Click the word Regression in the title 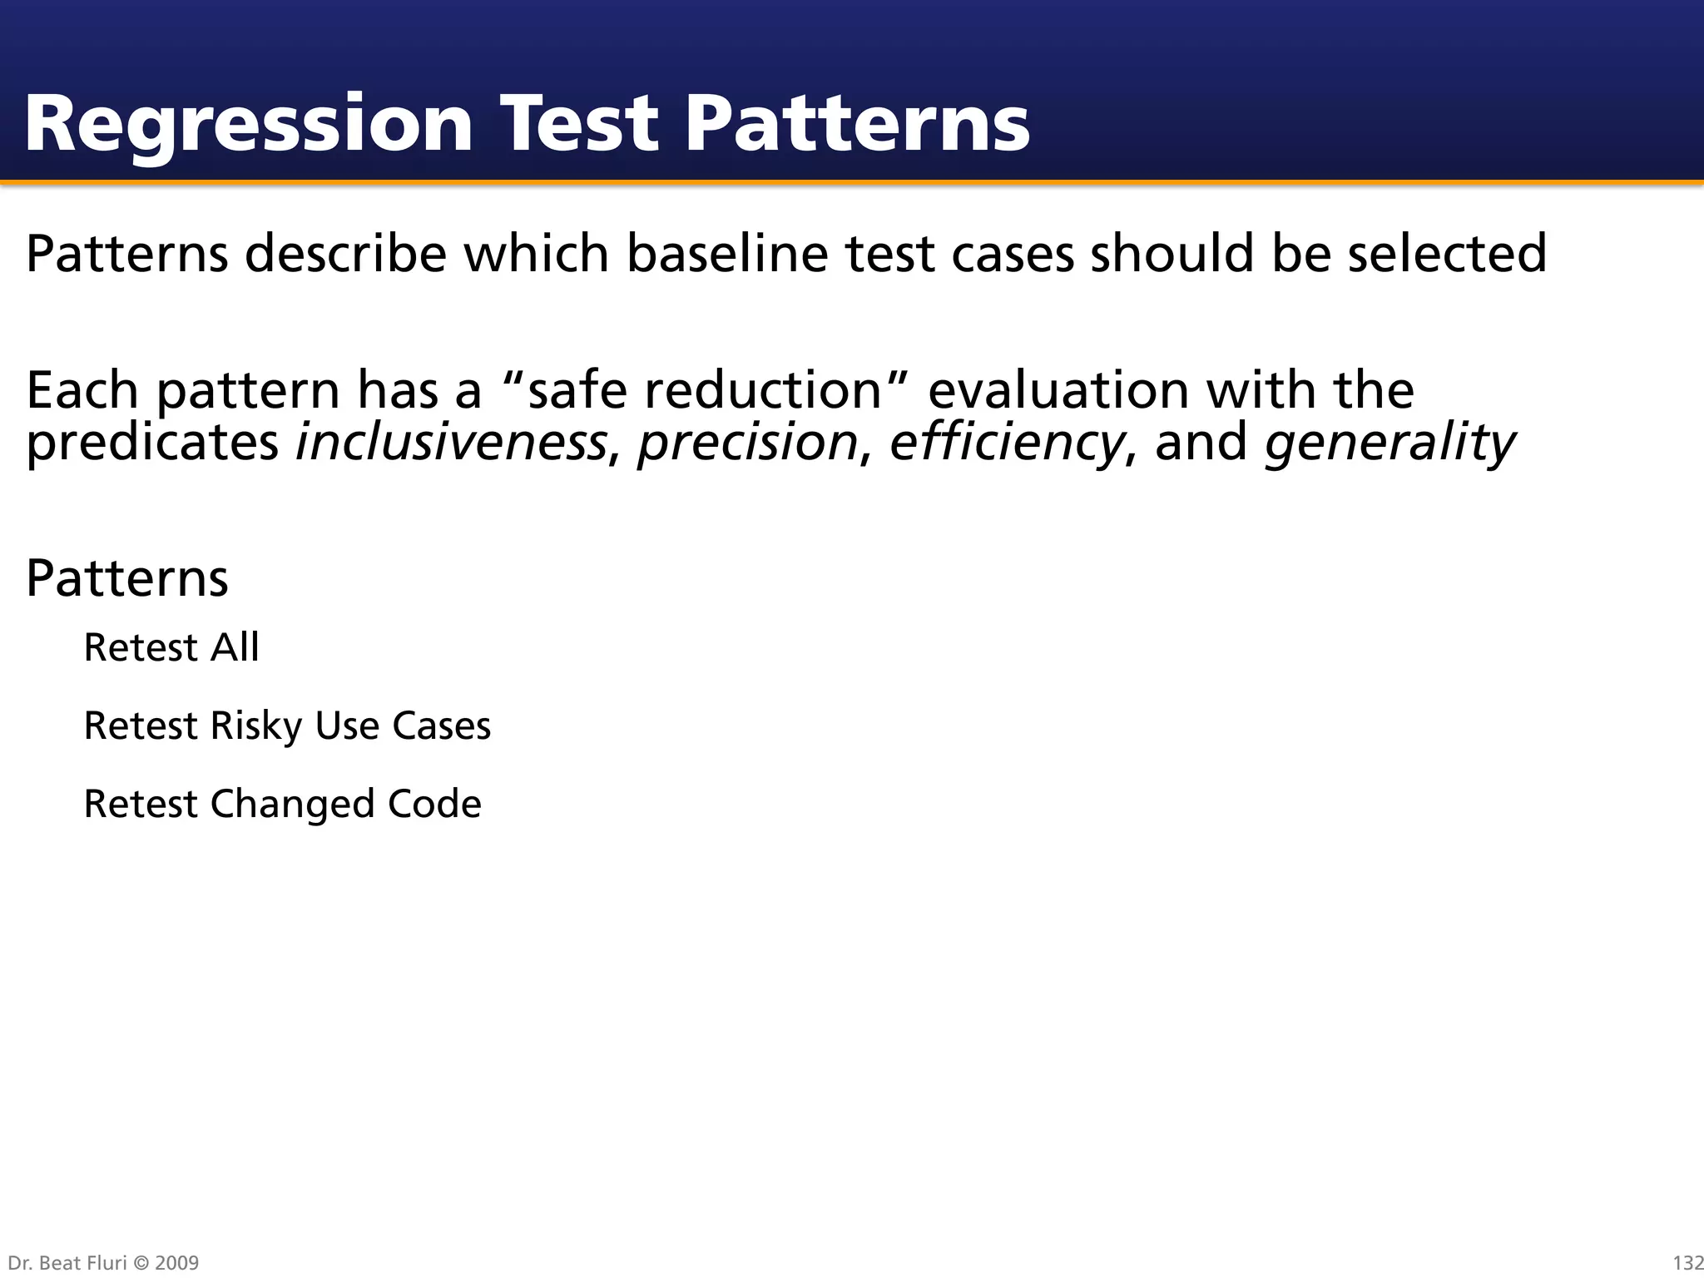click(x=248, y=125)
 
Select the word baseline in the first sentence click(x=727, y=254)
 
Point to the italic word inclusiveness click(x=451, y=442)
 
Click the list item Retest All click(x=171, y=647)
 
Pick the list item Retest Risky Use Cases click(x=287, y=726)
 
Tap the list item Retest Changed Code click(x=282, y=805)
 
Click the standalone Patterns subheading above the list click(x=127, y=578)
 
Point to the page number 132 click(x=1687, y=1263)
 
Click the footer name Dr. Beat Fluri click(x=67, y=1263)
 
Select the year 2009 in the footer click(x=176, y=1263)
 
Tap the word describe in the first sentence click(x=345, y=254)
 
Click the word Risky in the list click(x=256, y=726)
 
